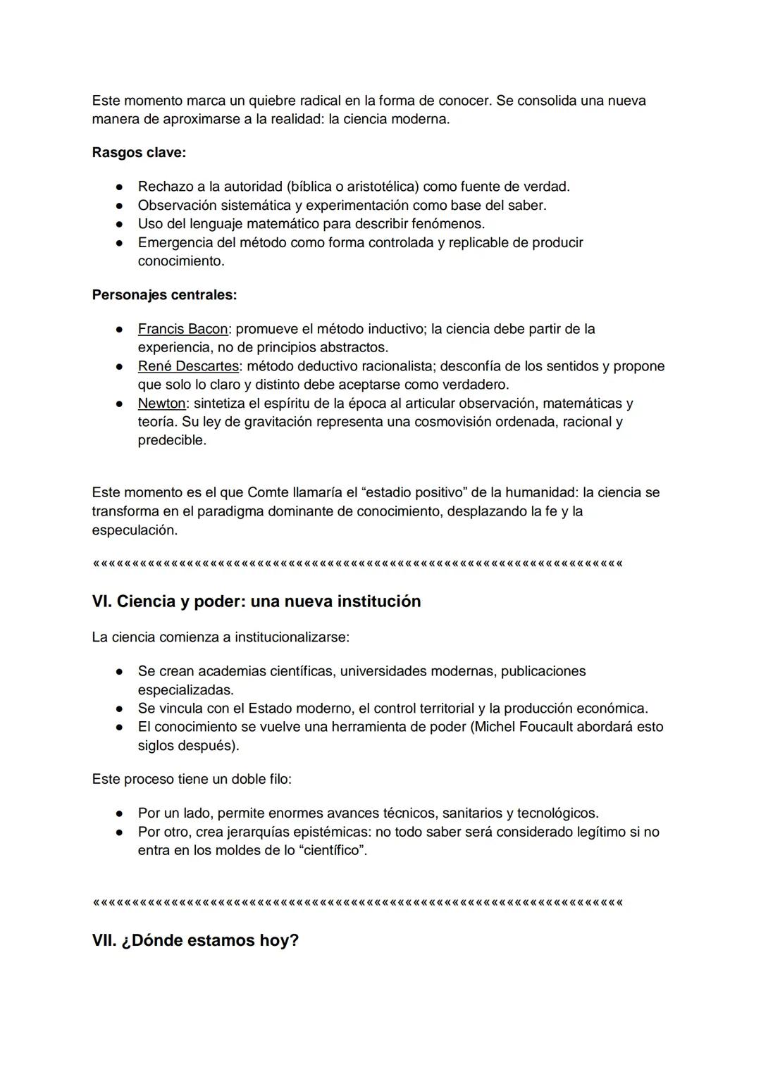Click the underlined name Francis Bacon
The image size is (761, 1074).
click(x=182, y=329)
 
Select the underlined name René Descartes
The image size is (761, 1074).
click(x=188, y=366)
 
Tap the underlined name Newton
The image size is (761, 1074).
click(x=161, y=404)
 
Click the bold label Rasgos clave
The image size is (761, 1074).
click(x=139, y=153)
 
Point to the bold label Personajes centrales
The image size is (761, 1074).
click(x=164, y=295)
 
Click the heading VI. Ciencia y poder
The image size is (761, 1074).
click(x=256, y=601)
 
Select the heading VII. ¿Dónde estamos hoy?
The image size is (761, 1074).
click(x=195, y=941)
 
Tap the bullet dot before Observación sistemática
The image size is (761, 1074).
click(x=120, y=206)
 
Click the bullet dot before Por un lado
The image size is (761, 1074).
click(x=120, y=813)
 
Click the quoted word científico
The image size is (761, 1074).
click(x=333, y=850)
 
